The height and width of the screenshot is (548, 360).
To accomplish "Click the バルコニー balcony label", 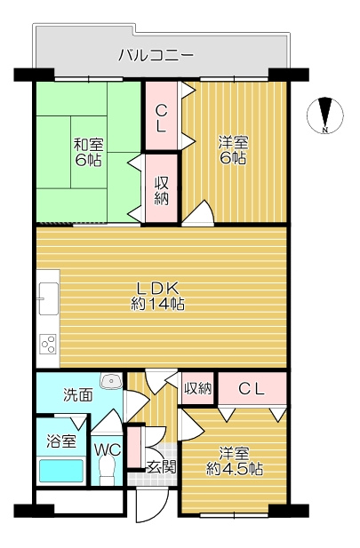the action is click(x=156, y=55).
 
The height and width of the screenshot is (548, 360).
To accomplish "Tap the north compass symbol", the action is click(x=325, y=115).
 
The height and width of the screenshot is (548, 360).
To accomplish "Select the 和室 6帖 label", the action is click(x=88, y=152).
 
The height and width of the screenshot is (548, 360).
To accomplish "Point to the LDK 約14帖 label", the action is click(x=158, y=297).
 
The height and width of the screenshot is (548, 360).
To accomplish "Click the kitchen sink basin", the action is click(x=48, y=298).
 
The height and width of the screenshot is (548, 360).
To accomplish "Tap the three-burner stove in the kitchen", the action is click(x=48, y=345).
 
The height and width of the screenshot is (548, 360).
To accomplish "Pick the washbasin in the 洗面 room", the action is click(x=111, y=381).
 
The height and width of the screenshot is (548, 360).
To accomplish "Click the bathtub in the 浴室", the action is click(x=61, y=471).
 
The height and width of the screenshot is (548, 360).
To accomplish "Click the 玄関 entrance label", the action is click(x=161, y=466).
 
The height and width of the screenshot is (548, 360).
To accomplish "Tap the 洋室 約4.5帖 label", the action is click(x=235, y=462).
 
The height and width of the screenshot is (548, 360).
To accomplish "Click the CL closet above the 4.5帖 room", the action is click(x=252, y=388).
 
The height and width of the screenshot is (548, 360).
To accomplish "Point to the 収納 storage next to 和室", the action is click(x=161, y=188).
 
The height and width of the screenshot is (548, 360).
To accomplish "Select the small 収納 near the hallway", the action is click(x=198, y=388).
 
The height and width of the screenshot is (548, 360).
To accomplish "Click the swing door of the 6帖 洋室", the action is click(x=198, y=212).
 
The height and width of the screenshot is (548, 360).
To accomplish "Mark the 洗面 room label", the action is click(x=78, y=394).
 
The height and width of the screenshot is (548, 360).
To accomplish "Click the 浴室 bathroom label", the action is click(x=61, y=441).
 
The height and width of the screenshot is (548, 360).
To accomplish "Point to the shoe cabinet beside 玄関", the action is click(x=133, y=447).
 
